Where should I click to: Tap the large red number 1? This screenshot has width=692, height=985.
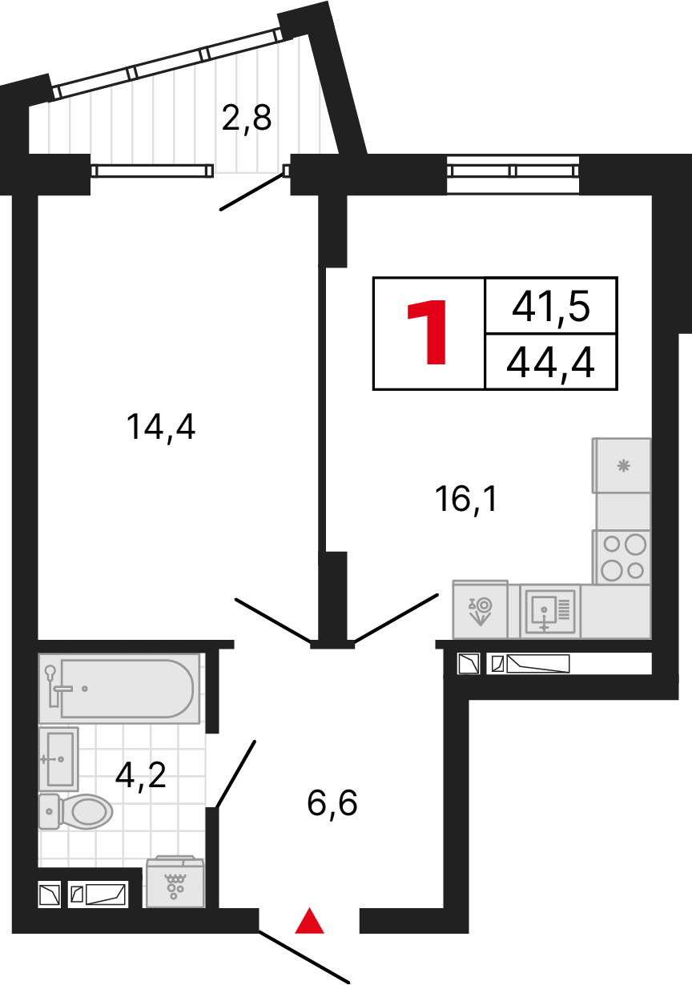pyautogui.click(x=428, y=333)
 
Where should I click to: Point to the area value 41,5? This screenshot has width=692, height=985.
pyautogui.click(x=551, y=305)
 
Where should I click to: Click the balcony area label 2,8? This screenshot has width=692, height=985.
pyautogui.click(x=247, y=119)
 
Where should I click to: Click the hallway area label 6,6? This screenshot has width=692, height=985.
pyautogui.click(x=332, y=802)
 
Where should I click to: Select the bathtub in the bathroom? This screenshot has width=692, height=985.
pyautogui.click(x=120, y=688)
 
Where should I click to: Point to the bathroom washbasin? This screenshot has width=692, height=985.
pyautogui.click(x=58, y=758)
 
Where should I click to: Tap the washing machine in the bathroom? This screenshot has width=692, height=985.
pyautogui.click(x=175, y=882)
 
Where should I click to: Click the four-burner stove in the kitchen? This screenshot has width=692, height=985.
pyautogui.click(x=622, y=557)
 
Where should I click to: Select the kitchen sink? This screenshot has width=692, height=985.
pyautogui.click(x=549, y=611)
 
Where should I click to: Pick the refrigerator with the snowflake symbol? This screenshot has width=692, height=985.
pyautogui.click(x=622, y=465)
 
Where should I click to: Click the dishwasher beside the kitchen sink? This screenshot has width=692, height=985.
pyautogui.click(x=480, y=609)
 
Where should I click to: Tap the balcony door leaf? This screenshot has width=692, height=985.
pyautogui.click(x=252, y=191)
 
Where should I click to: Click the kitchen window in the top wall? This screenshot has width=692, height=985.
pyautogui.click(x=513, y=171)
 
